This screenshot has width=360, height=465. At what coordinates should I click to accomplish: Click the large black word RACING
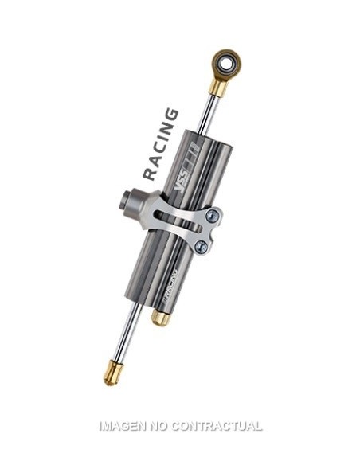point(160,144)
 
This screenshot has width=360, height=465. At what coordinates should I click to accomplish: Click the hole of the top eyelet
point(228,61)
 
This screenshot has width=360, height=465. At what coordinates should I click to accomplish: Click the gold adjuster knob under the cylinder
point(160,318)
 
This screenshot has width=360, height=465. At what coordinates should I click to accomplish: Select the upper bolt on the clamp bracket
point(211,216)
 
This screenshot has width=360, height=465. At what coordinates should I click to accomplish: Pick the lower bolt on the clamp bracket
point(202,247)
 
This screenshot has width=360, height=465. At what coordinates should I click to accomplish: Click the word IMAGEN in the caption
point(123,426)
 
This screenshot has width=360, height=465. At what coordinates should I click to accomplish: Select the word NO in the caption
point(163,426)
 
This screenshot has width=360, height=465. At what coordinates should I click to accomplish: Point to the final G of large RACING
point(171,115)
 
